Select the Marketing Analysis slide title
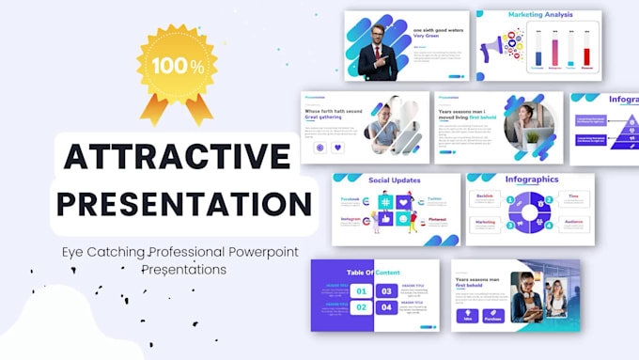coord(542,16)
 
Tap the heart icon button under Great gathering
coord(338,148)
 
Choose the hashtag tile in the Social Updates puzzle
coord(386,201)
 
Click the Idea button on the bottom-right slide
coord(467,315)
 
